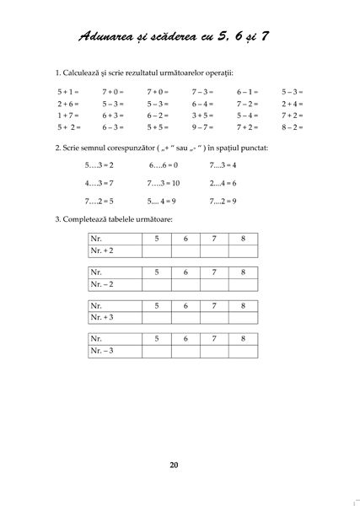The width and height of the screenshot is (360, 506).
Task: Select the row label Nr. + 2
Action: coord(105,251)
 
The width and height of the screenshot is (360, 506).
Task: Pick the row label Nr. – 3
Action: coord(105,350)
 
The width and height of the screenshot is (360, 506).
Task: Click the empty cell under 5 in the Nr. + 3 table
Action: coord(155,317)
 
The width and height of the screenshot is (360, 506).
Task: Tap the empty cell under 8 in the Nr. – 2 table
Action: coord(243,284)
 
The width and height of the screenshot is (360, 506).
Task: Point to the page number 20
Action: coord(174,465)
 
